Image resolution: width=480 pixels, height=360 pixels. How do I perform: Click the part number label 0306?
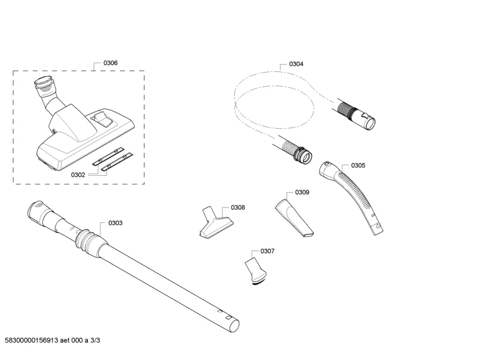111,63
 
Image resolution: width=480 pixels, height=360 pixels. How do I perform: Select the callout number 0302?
78,175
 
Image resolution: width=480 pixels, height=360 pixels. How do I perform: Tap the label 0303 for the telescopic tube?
115,223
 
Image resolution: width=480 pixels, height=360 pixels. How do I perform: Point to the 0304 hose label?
296,64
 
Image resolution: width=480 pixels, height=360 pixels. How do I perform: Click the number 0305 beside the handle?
358,166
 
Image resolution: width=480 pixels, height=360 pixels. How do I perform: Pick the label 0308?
238,207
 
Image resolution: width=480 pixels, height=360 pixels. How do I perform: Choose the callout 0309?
302,192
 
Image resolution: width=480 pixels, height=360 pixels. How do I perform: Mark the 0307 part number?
267,251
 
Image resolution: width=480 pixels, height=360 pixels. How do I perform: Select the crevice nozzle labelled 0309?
294,218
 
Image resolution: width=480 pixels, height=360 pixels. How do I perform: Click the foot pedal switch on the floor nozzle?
103,118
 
